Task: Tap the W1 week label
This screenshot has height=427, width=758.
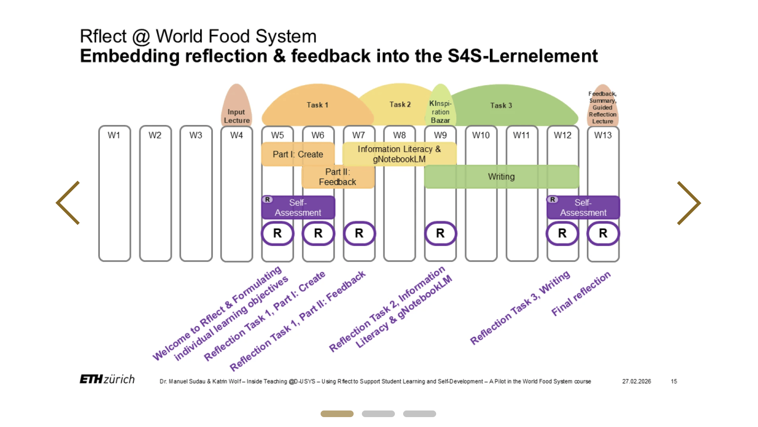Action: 114,135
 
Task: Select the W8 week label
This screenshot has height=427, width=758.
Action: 399,135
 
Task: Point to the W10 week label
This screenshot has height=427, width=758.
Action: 481,135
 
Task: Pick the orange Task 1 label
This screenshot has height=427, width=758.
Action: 317,105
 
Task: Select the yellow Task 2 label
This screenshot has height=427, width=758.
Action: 400,105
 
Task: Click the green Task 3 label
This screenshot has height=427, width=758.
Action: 501,106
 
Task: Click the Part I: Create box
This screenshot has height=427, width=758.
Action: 298,154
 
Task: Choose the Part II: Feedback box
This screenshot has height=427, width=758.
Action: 338,177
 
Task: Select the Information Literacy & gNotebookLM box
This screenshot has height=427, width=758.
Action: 399,154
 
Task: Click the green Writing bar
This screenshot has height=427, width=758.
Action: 501,177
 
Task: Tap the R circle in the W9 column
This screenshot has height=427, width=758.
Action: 440,234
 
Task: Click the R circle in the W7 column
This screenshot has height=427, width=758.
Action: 359,234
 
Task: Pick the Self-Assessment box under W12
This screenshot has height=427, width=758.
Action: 583,207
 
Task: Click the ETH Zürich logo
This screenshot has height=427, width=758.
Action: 107,379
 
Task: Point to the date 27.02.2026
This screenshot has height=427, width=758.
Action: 636,382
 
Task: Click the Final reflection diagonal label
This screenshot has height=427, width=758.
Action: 581,294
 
